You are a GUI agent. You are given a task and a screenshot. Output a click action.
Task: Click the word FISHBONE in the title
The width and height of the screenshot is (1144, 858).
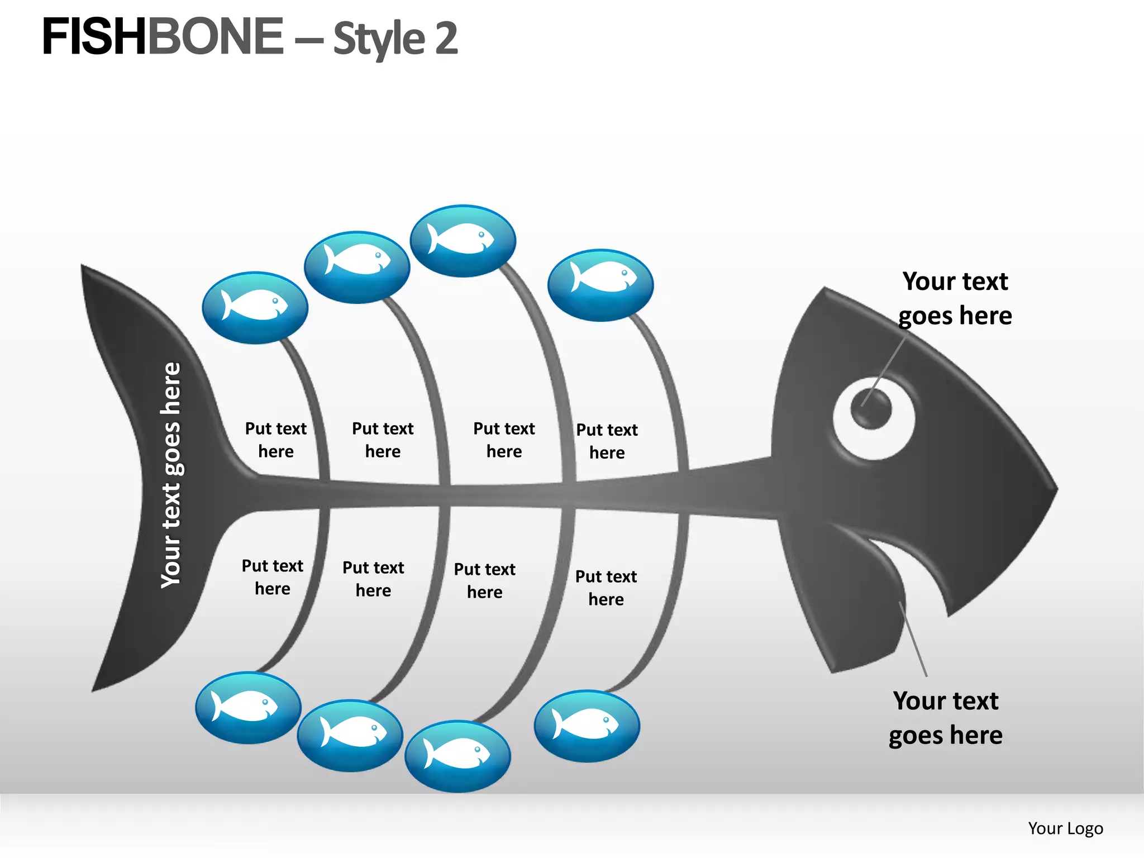pyautogui.click(x=162, y=37)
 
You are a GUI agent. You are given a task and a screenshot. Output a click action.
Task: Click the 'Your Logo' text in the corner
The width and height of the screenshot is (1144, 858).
pyautogui.click(x=1065, y=828)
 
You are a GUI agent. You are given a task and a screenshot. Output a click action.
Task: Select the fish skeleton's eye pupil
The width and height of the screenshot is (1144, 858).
pyautogui.click(x=871, y=408)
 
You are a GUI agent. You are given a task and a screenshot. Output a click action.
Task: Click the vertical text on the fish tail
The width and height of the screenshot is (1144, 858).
pyautogui.click(x=171, y=475)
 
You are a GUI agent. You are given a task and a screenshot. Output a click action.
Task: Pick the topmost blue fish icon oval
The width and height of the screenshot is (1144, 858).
pyautogui.click(x=463, y=241)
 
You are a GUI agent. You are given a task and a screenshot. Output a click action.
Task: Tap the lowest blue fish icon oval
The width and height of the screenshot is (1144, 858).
pyautogui.click(x=457, y=756)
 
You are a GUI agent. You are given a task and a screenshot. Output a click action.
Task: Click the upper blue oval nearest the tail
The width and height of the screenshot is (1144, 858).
pyautogui.click(x=255, y=307)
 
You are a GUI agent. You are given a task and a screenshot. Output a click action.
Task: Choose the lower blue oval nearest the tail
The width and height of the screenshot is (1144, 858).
pyautogui.click(x=248, y=708)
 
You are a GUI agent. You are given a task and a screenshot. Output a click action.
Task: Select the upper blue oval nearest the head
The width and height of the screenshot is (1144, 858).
pyautogui.click(x=600, y=285)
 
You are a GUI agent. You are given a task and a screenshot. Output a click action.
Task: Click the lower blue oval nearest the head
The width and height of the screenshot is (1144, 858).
pyautogui.click(x=587, y=726)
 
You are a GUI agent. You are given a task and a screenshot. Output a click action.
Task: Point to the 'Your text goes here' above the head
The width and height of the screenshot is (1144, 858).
pyautogui.click(x=955, y=298)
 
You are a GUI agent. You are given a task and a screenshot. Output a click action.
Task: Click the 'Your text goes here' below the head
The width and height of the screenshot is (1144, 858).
pyautogui.click(x=945, y=718)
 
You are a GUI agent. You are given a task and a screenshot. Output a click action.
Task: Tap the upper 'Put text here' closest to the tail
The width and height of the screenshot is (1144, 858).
pyautogui.click(x=276, y=440)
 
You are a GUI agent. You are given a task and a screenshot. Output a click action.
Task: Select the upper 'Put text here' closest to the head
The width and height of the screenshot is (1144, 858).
pyautogui.click(x=607, y=441)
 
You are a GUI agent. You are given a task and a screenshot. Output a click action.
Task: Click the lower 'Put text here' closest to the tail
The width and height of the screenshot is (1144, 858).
pyautogui.click(x=272, y=577)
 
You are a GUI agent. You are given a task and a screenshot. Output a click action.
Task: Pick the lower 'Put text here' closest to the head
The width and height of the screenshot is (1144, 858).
pyautogui.click(x=606, y=588)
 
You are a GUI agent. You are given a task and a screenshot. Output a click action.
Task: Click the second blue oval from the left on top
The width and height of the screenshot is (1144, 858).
pyautogui.click(x=357, y=267)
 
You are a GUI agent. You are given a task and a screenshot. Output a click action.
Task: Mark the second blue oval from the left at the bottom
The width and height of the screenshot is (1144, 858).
pyautogui.click(x=350, y=736)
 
